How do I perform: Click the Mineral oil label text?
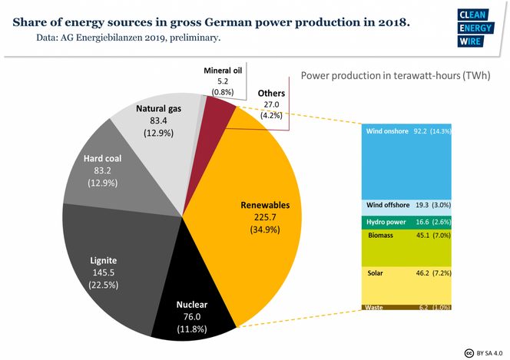tap(223, 71)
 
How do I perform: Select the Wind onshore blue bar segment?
tap(408, 161)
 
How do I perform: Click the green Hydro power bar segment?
tap(408, 222)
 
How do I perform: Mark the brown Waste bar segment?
tap(408, 307)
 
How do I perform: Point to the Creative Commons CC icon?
tap(469, 352)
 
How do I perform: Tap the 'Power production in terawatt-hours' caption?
tap(395, 76)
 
